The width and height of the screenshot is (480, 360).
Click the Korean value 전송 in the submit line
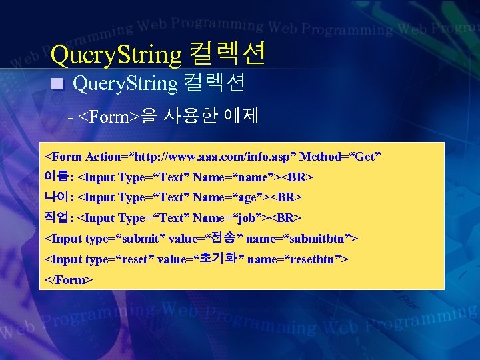click(x=224, y=238)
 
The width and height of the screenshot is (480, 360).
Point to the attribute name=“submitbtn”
click(x=303, y=238)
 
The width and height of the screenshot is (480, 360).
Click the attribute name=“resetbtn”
click(x=297, y=259)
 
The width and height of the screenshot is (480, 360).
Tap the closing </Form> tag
click(x=68, y=279)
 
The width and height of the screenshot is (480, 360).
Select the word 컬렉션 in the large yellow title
click(x=227, y=54)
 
